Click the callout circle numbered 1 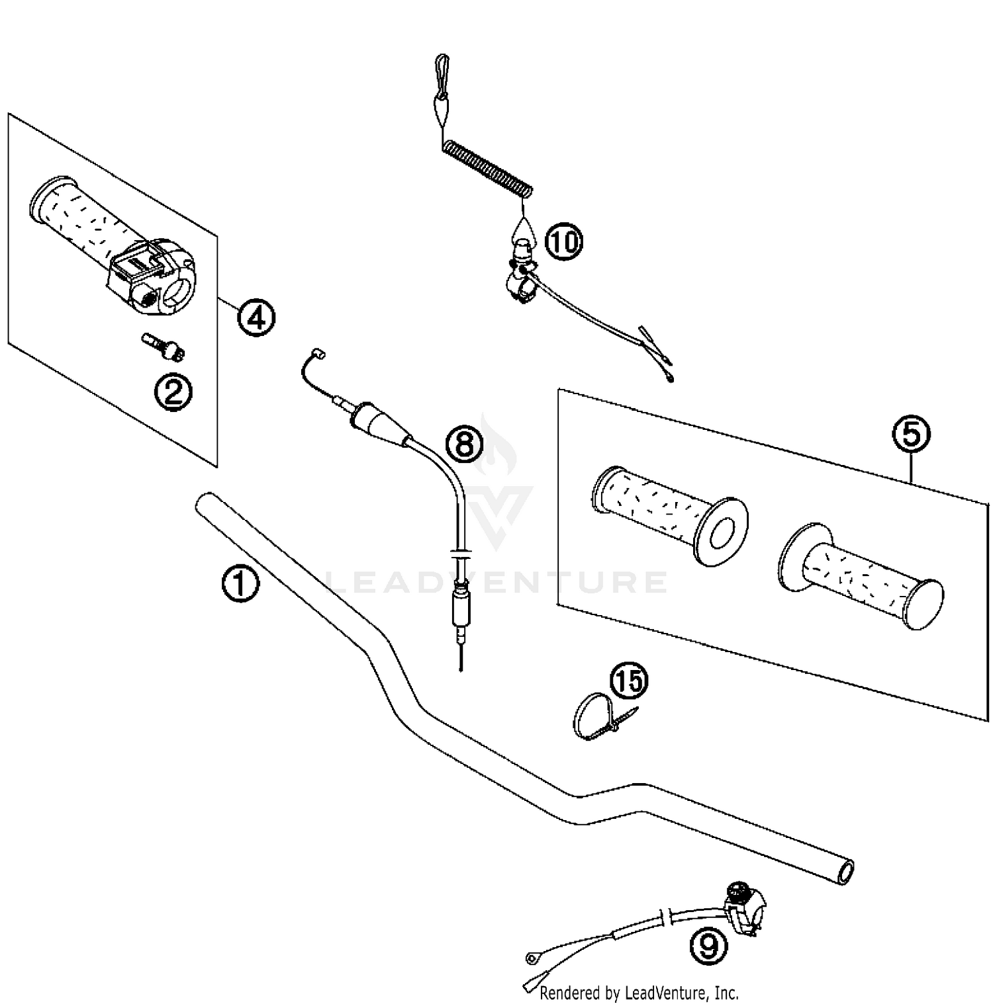(x=240, y=585)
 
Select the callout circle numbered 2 (x=173, y=394)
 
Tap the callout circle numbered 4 (x=256, y=318)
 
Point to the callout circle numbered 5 (x=912, y=435)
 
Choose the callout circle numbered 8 (x=465, y=443)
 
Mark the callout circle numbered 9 (x=708, y=946)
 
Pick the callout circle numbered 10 (x=563, y=241)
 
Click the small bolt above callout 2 (x=164, y=348)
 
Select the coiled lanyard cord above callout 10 (x=488, y=169)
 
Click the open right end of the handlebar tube (x=846, y=872)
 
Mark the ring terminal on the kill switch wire (x=532, y=957)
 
